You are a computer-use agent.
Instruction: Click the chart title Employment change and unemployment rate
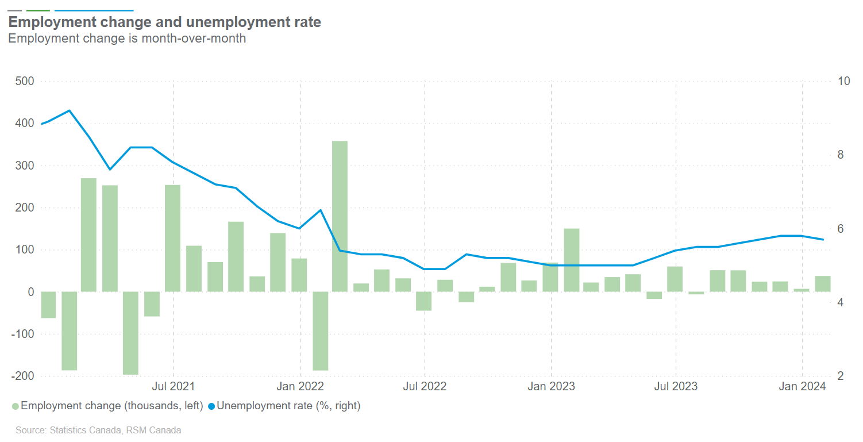(x=164, y=22)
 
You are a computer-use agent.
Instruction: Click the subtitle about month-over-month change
(x=127, y=39)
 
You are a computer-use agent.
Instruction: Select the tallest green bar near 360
(x=340, y=216)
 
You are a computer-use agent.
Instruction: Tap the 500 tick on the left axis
(x=25, y=81)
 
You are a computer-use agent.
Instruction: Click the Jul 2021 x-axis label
(x=173, y=386)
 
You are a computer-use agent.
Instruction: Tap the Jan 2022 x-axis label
(x=300, y=386)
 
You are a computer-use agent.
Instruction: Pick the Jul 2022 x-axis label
(x=425, y=386)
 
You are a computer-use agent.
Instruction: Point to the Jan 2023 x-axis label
(x=551, y=386)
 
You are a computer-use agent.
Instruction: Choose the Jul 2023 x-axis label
(x=676, y=386)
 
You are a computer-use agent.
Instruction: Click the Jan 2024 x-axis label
(x=802, y=386)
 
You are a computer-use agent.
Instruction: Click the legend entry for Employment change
(x=107, y=406)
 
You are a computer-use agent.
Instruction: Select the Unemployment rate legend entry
(x=284, y=406)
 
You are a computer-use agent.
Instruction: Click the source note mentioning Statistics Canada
(x=98, y=430)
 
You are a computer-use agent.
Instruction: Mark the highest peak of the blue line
(x=70, y=110)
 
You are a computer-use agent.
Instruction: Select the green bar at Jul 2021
(x=173, y=238)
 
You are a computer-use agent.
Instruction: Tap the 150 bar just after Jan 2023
(x=572, y=260)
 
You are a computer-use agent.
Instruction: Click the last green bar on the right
(x=823, y=284)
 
